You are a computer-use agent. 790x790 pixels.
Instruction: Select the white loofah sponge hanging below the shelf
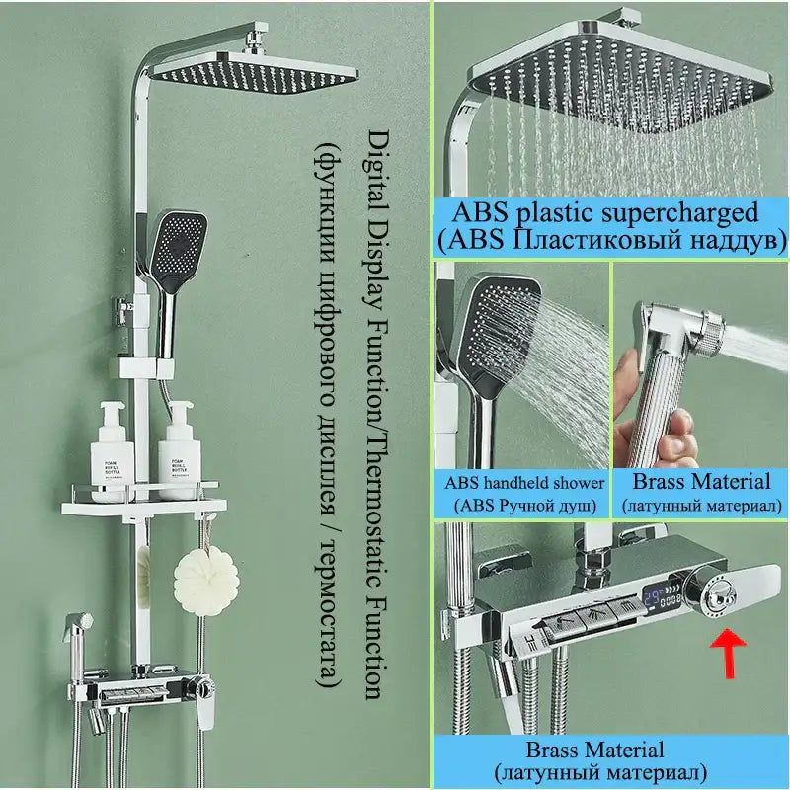point(206,581)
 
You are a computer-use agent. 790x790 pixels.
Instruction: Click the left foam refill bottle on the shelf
point(112,452)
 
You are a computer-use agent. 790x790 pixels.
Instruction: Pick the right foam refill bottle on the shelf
point(180,450)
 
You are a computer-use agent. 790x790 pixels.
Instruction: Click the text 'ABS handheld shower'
point(524,483)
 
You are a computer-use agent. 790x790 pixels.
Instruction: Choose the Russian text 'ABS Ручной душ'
point(525,505)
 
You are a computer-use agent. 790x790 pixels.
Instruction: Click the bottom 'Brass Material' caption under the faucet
point(595,750)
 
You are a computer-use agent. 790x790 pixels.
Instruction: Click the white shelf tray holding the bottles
point(144,506)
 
